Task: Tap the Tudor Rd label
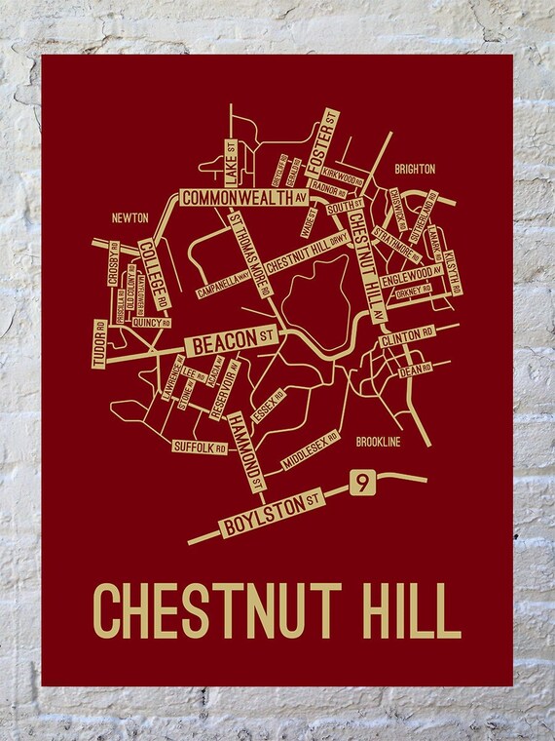98,344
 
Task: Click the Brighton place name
414,169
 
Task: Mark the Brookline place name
379,442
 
